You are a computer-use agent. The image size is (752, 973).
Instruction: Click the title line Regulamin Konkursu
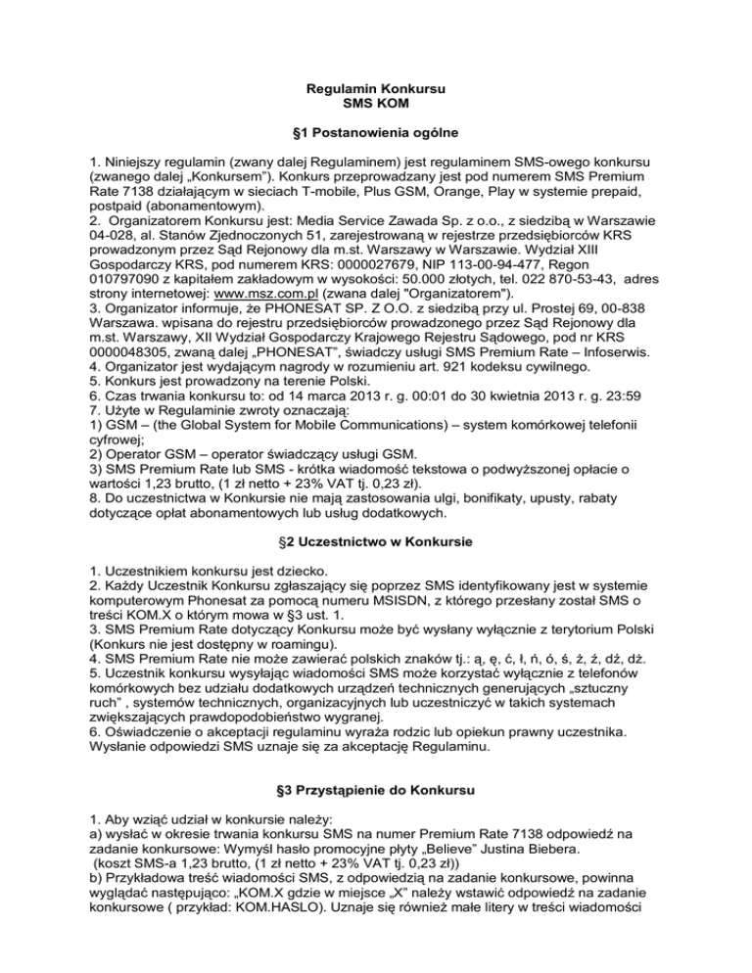pos(376,91)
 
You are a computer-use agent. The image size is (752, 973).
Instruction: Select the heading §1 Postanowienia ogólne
pos(376,130)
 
